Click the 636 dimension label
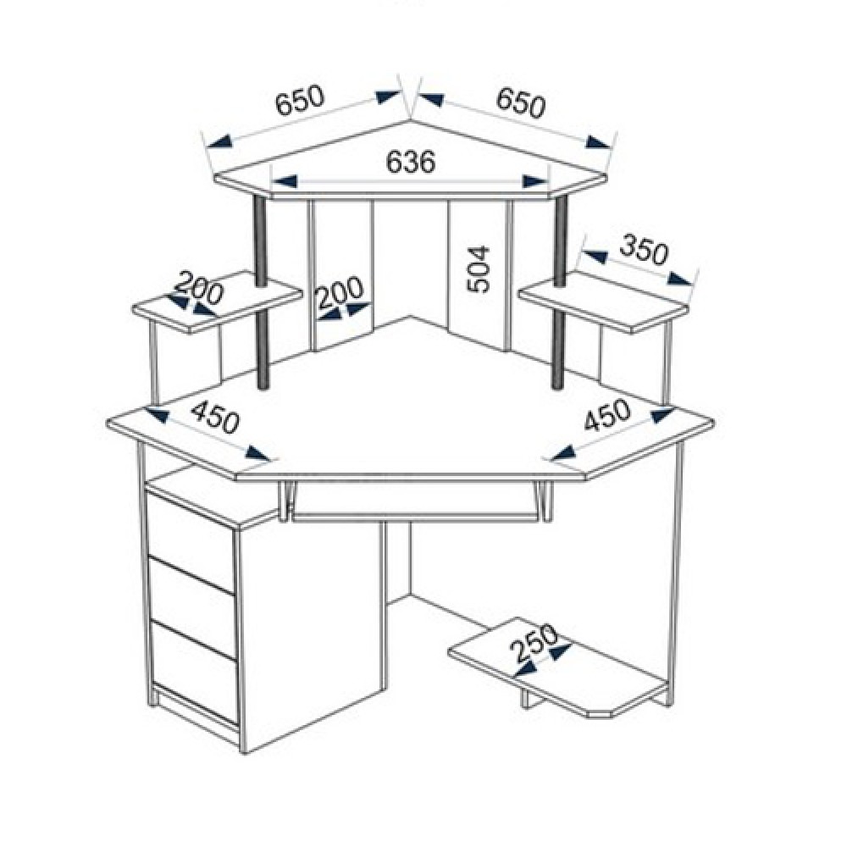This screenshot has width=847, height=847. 411,162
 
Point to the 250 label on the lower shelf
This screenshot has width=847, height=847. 534,643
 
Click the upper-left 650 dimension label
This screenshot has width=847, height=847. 301,101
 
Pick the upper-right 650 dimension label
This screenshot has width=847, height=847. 521,102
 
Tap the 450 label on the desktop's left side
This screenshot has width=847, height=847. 215,417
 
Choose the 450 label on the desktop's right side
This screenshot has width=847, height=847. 607,415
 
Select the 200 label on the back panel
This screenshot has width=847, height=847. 340,293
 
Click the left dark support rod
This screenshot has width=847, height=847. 262,292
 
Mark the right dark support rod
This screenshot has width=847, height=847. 560,292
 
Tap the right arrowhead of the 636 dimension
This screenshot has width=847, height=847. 535,181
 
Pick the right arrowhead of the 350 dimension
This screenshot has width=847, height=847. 679,278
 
